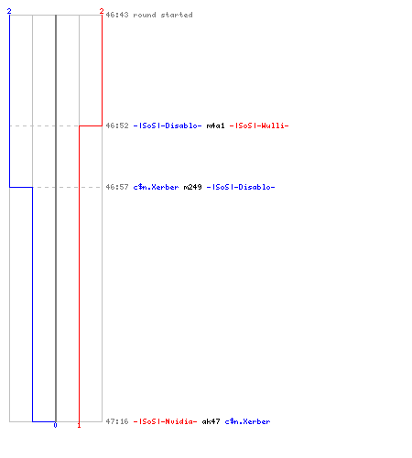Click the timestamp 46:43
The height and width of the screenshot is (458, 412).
[117, 15]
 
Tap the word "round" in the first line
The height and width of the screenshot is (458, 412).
[145, 15]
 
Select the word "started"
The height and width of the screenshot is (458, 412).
[177, 15]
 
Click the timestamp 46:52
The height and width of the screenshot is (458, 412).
[117, 125]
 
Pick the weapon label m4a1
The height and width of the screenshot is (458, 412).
[215, 125]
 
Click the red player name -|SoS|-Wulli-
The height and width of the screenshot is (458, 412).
[259, 125]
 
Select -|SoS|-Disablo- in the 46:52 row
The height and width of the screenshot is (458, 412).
[168, 125]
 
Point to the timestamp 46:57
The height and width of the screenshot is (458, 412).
[117, 187]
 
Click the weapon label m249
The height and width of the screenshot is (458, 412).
[192, 187]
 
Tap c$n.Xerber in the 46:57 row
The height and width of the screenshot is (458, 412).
[156, 187]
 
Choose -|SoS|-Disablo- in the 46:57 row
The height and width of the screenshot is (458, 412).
[241, 187]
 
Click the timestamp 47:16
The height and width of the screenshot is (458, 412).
[117, 421]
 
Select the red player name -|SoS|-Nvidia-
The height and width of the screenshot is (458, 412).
[165, 421]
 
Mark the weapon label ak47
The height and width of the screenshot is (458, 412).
[211, 421]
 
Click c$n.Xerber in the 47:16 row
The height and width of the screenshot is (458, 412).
[247, 421]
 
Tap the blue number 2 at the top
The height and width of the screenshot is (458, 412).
[9, 11]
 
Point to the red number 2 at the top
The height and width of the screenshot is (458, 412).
[102, 11]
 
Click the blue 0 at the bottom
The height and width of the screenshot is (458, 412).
[55, 425]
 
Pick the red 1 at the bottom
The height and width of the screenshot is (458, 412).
[79, 425]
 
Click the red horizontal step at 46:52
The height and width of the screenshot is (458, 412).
[91, 125]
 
